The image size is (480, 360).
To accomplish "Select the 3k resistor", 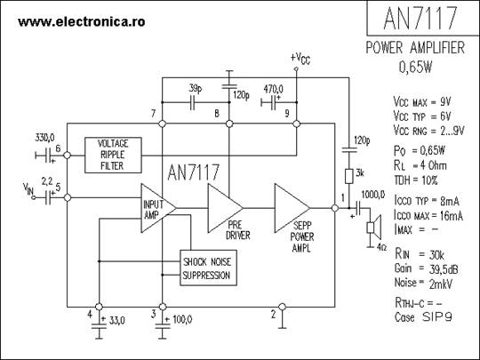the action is (x=349, y=176).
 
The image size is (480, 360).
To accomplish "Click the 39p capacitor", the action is (x=192, y=102).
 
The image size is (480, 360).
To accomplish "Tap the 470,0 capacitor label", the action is (x=274, y=90).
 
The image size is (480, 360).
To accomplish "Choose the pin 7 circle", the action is (x=163, y=124).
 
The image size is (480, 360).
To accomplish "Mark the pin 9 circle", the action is (x=296, y=124).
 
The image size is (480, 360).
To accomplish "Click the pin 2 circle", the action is (x=283, y=307).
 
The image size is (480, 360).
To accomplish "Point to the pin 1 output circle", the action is (x=335, y=208).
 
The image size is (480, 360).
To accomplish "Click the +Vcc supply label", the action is (x=300, y=58).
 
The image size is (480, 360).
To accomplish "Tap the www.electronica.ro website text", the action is (x=82, y=21).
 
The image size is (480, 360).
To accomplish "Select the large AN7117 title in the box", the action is (x=420, y=18).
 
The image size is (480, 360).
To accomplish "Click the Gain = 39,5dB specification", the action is (x=426, y=268).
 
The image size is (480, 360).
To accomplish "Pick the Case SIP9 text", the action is (x=423, y=317).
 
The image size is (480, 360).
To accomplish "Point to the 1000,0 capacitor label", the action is (x=373, y=195).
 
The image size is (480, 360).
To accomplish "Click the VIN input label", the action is (x=28, y=188).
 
